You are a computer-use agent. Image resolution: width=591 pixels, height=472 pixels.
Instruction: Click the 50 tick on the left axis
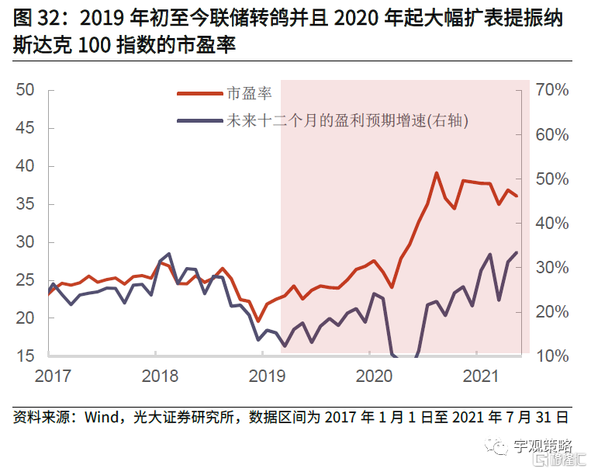tap(26, 90)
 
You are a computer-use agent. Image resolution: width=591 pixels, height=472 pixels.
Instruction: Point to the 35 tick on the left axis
tap(26, 204)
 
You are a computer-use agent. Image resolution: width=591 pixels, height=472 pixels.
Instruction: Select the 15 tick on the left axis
tap(26, 356)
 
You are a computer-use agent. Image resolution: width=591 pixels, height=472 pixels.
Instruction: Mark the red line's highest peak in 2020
tap(437, 173)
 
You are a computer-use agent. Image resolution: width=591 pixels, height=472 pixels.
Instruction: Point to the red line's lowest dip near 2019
tap(258, 321)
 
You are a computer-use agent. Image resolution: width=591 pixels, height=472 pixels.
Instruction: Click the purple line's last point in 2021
tap(517, 252)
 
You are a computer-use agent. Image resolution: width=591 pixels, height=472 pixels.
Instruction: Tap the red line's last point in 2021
tap(517, 196)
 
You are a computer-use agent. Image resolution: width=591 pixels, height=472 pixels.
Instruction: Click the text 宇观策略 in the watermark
tap(542, 446)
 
